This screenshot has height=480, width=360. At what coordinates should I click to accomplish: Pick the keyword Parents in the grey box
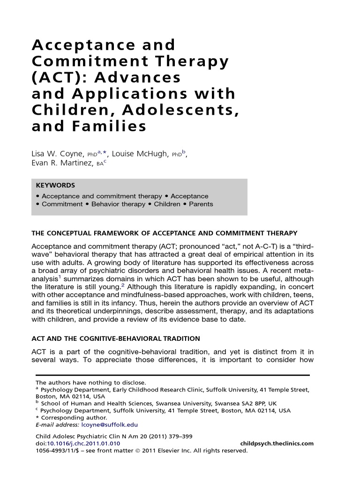[201, 204]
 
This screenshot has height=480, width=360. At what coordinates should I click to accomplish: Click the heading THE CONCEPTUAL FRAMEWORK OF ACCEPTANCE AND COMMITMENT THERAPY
[164, 233]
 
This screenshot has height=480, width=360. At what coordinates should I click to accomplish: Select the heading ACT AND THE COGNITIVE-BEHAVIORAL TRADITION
[115, 338]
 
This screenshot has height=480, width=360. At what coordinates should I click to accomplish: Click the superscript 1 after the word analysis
[60, 277]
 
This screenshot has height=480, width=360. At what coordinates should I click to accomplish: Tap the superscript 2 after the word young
[123, 285]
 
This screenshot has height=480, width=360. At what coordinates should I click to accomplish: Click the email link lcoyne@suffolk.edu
[110, 425]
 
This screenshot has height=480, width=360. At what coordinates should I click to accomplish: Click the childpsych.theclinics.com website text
[277, 443]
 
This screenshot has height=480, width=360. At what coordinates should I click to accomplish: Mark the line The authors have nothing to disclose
[91, 382]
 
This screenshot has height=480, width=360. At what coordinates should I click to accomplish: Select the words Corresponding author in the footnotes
[74, 418]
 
